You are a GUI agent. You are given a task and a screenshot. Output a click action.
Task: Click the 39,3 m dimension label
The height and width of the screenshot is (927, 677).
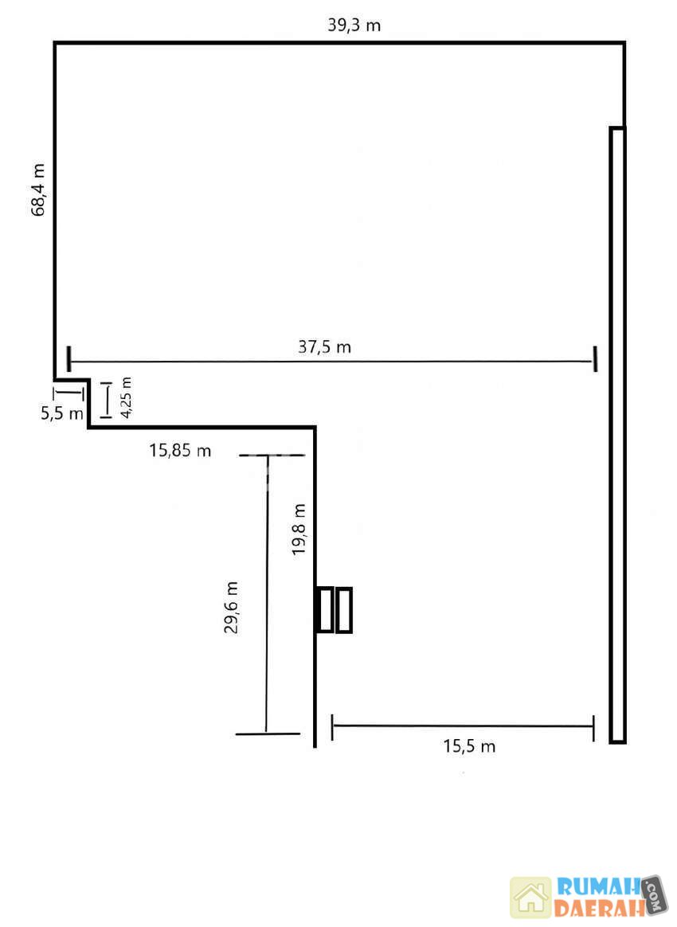[x=354, y=25]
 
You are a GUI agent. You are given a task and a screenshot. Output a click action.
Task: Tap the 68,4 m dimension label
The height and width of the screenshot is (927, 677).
[x=38, y=190]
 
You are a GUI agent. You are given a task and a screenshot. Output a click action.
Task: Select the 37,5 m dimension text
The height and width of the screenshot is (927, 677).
[x=325, y=346]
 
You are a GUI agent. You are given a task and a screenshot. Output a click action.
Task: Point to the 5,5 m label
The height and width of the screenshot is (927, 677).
[x=62, y=413]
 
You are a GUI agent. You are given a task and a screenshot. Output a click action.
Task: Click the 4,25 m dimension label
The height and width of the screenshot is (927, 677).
[x=126, y=397]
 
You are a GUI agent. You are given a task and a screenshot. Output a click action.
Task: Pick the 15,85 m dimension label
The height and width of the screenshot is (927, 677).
[x=180, y=451]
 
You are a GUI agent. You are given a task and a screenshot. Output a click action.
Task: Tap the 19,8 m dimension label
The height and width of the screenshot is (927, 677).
[x=299, y=529]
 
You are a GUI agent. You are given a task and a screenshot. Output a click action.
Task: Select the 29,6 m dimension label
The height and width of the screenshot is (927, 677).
[x=231, y=607]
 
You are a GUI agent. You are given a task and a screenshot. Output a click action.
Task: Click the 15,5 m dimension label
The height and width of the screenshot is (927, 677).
[x=469, y=746]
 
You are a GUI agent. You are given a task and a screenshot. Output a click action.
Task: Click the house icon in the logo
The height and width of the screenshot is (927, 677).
[x=530, y=896]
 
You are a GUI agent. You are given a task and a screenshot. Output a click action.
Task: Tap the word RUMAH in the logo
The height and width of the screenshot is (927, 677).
[x=598, y=887]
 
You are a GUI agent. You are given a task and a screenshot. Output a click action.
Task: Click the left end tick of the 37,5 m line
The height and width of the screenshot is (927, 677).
[x=69, y=359]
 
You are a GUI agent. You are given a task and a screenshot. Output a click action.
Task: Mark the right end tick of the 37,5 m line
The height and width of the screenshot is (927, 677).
[x=595, y=359]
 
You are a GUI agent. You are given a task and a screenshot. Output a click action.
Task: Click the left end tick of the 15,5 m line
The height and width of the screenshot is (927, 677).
[x=332, y=726]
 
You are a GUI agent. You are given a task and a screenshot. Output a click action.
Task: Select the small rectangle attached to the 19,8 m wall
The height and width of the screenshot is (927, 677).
[x=325, y=609]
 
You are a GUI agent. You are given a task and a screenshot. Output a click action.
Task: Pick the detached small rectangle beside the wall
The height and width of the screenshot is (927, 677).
[x=344, y=610]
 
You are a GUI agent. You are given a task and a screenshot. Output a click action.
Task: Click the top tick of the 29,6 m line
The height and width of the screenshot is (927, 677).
[x=272, y=456]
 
